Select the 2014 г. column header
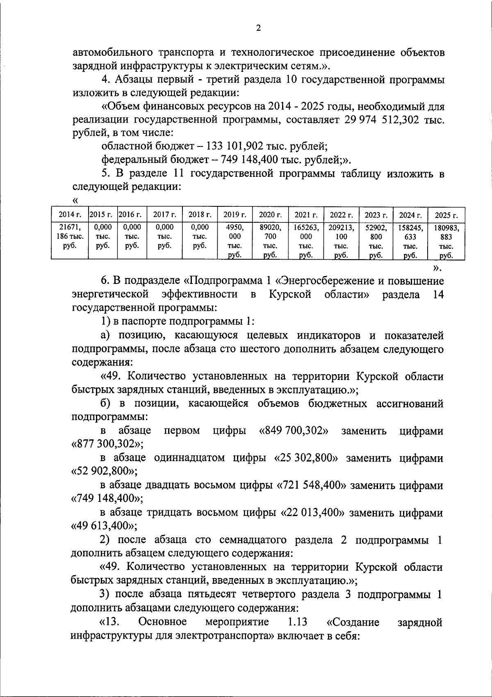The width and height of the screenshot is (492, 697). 70,214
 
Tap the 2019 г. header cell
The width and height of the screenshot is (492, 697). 235,214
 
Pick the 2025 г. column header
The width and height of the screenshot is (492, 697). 446,215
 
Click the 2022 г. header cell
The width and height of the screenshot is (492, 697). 341,215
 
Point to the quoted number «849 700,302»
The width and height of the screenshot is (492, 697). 294,431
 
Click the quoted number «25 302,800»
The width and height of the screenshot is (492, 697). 305,458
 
